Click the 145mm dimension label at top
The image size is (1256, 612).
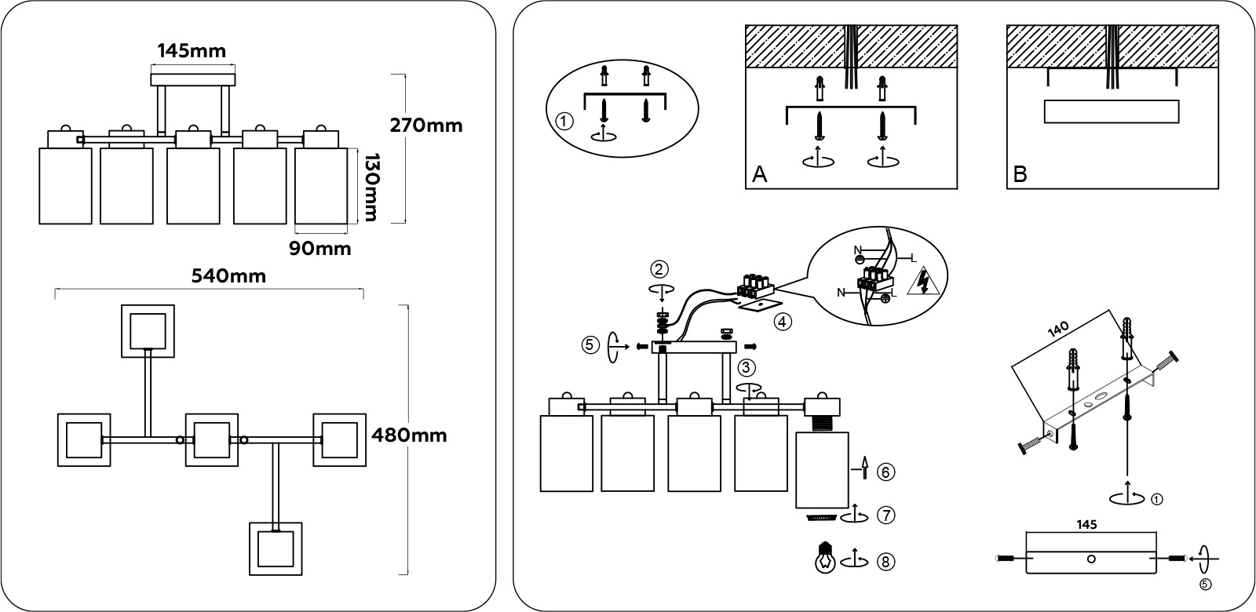(192, 52)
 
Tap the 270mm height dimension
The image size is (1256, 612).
(426, 125)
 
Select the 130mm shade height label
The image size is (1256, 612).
(369, 187)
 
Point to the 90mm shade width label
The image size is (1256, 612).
(319, 249)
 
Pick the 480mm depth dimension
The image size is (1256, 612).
(408, 435)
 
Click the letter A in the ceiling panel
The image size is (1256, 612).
(759, 174)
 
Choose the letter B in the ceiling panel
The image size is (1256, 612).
(1020, 174)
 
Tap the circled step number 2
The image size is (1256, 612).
(659, 269)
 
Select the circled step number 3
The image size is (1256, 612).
(747, 366)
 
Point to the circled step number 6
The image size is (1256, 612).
(885, 472)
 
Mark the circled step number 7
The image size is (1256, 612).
(885, 515)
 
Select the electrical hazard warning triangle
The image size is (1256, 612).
(924, 282)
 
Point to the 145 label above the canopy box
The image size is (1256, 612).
(1087, 523)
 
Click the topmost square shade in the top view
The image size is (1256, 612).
(148, 330)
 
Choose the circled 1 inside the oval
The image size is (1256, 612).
(562, 122)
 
